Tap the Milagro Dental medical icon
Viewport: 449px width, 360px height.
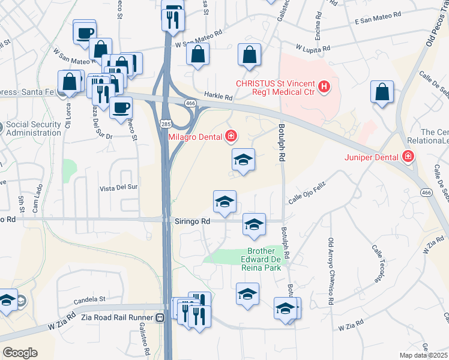tap(230, 137)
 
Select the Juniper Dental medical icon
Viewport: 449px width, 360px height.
tap(408, 157)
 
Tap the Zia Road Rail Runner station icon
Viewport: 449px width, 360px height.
tap(160, 318)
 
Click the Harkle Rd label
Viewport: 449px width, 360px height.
tap(217, 97)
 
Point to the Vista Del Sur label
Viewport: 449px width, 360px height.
tap(119, 187)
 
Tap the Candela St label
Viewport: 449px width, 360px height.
tap(89, 298)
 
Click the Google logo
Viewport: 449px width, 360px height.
tap(20, 353)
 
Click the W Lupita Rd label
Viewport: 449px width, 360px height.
tap(313, 48)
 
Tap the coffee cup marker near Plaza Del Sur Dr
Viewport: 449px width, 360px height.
tap(121, 107)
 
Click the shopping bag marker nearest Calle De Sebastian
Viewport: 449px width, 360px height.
tap(382, 92)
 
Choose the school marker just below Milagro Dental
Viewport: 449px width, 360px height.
tap(243, 160)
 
